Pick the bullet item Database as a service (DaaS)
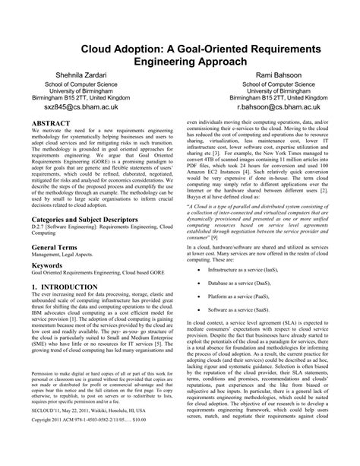(x=247, y=284)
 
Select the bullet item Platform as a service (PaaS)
(x=245, y=298)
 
